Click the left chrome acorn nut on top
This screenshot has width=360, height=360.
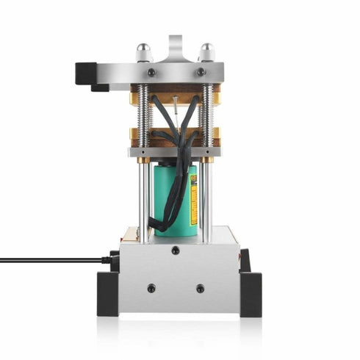pyautogui.click(x=144, y=51)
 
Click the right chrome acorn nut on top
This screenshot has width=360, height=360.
pyautogui.click(x=207, y=51)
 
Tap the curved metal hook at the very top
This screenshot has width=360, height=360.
pyautogui.click(x=175, y=46)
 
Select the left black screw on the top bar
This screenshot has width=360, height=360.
pyautogui.click(x=151, y=72)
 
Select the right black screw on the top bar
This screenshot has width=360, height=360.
pyautogui.click(x=201, y=72)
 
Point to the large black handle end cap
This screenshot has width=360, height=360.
pyautogui.click(x=87, y=73)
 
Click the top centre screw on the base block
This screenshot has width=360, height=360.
pyautogui.click(x=176, y=251)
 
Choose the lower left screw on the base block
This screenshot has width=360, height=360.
pyautogui.click(x=151, y=289)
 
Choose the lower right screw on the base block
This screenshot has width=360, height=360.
pyautogui.click(x=200, y=289)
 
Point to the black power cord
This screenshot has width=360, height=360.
pyautogui.click(x=51, y=259)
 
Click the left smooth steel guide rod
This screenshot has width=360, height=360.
pyautogui.click(x=143, y=198)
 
